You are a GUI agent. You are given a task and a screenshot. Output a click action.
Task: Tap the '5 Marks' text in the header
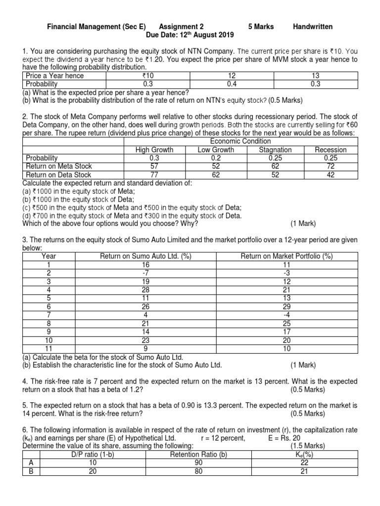[x=261, y=27]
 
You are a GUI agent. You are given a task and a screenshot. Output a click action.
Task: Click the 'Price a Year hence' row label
[x=54, y=76]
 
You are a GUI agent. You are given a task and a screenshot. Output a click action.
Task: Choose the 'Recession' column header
[x=331, y=150]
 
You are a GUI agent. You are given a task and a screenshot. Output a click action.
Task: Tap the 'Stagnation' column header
[x=275, y=150]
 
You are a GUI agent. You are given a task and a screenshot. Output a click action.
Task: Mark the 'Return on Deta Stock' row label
[x=58, y=174]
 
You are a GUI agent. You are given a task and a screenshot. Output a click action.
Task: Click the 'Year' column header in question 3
[x=49, y=256]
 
